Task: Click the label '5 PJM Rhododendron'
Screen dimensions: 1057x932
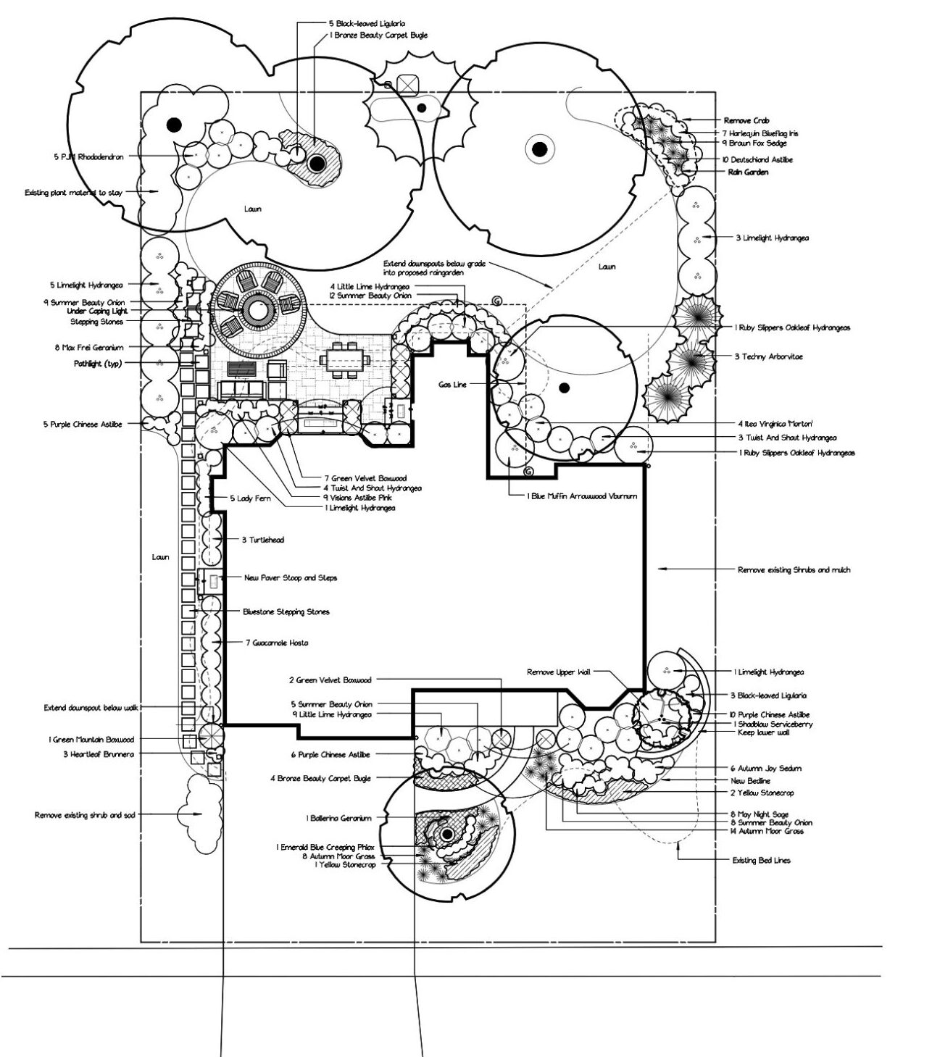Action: pyautogui.click(x=89, y=156)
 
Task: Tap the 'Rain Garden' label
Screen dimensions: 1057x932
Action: pyautogui.click(x=748, y=172)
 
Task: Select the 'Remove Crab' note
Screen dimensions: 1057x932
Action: pyautogui.click(x=746, y=120)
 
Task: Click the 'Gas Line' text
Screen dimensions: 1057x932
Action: pyautogui.click(x=452, y=384)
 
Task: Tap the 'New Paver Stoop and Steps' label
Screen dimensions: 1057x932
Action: pyautogui.click(x=290, y=577)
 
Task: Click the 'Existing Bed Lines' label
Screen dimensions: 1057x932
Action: pyautogui.click(x=761, y=861)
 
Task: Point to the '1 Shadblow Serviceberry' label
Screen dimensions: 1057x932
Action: pyautogui.click(x=772, y=724)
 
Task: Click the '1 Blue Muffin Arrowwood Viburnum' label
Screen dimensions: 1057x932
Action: pyautogui.click(x=583, y=496)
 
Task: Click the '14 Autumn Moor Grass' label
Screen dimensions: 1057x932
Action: pyautogui.click(x=767, y=831)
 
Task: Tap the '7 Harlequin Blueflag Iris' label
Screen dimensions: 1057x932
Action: pyautogui.click(x=760, y=134)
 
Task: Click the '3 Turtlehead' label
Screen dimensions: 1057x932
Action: pyautogui.click(x=263, y=540)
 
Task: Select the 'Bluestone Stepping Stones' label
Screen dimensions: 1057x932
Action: pyautogui.click(x=286, y=611)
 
